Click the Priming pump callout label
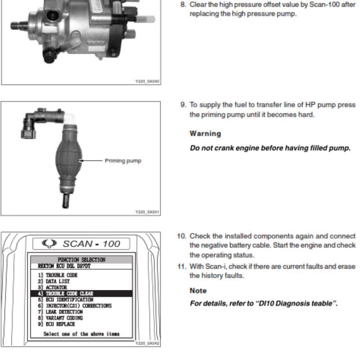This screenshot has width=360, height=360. pos(123,161)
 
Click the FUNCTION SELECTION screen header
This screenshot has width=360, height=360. pos(81,260)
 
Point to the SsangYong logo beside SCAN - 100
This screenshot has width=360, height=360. pos(49,243)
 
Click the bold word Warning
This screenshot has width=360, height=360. pos(205,134)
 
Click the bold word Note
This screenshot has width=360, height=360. pos(198,291)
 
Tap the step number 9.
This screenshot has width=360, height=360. pos(183,105)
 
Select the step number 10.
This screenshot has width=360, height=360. pos(181,236)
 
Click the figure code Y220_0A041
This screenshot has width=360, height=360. pos(147,211)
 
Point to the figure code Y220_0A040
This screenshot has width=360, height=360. pos(147,81)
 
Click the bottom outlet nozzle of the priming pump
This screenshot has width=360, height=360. pos(66,200)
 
